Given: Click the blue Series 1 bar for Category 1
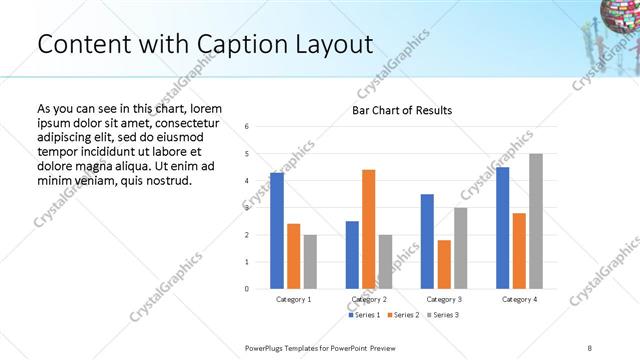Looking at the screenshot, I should click(277, 231).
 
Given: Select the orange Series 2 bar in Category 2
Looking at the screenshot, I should click(368, 229).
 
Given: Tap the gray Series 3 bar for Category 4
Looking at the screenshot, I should click(536, 221).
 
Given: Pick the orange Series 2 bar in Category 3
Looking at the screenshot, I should click(444, 265).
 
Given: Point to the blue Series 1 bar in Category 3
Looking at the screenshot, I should click(427, 241).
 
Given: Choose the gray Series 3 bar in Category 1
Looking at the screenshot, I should click(310, 262).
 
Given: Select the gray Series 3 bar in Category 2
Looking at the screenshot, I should click(385, 262).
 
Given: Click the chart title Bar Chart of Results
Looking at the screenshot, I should click(401, 110).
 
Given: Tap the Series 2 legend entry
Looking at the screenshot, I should click(403, 315).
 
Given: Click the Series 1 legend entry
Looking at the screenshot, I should click(365, 315).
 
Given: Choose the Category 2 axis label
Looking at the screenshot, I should click(369, 299).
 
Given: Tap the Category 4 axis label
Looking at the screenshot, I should click(519, 299).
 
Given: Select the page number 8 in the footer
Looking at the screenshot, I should click(590, 346).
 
